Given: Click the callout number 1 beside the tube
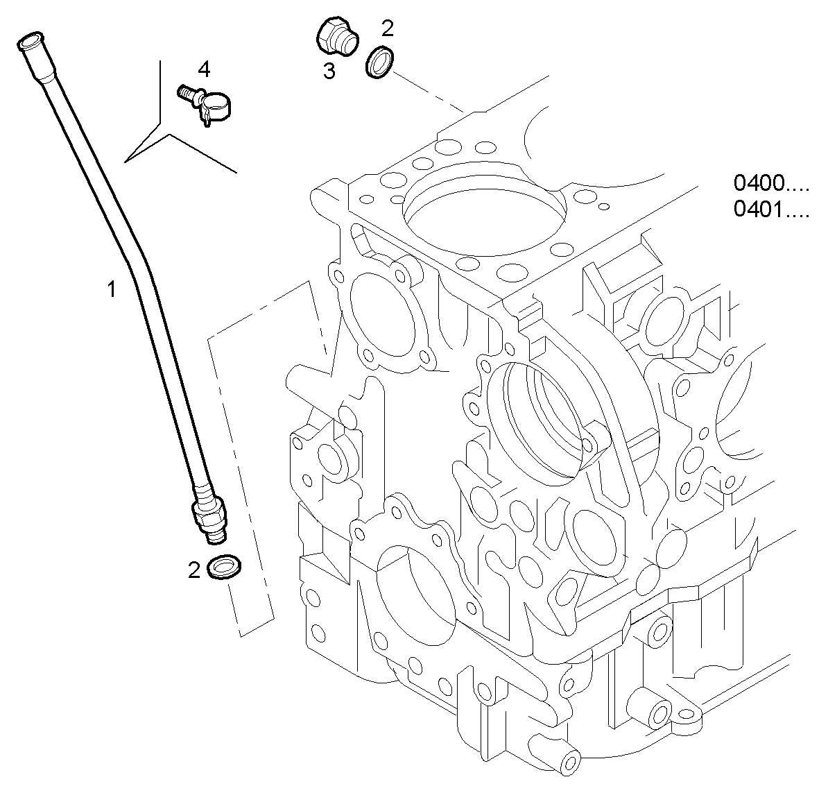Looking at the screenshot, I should (111, 289).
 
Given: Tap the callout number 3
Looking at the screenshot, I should (329, 70).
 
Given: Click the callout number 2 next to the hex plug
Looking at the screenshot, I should (387, 28).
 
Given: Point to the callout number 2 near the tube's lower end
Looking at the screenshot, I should (194, 570).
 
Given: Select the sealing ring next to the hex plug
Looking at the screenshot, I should (379, 62).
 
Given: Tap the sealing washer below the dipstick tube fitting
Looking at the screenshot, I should (224, 567).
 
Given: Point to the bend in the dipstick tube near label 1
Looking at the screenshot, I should (136, 271).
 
